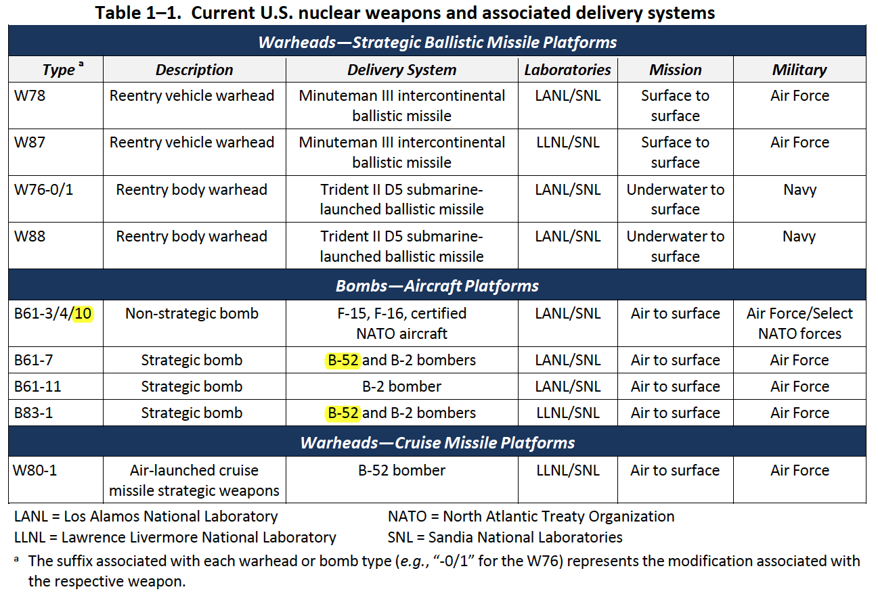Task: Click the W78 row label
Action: tap(30, 95)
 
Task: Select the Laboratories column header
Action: tap(567, 70)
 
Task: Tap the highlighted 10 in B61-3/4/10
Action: tap(83, 313)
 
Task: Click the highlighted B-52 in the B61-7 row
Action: tap(343, 360)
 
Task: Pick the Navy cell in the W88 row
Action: tap(799, 237)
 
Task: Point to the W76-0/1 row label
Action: tap(43, 189)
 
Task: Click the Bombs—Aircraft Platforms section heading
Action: tap(437, 286)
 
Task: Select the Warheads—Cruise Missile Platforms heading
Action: tap(437, 442)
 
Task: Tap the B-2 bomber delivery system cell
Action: tap(401, 386)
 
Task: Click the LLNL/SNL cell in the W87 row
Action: tap(568, 142)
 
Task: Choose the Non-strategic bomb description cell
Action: tap(192, 313)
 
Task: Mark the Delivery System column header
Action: tap(401, 70)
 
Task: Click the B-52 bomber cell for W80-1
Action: tap(401, 470)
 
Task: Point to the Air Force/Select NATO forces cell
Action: tap(799, 323)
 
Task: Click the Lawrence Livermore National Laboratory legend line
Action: tap(175, 537)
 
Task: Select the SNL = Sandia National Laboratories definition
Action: tap(505, 537)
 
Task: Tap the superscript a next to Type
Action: tap(81, 64)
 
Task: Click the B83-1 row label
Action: tap(33, 413)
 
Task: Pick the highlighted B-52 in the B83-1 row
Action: tap(343, 413)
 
